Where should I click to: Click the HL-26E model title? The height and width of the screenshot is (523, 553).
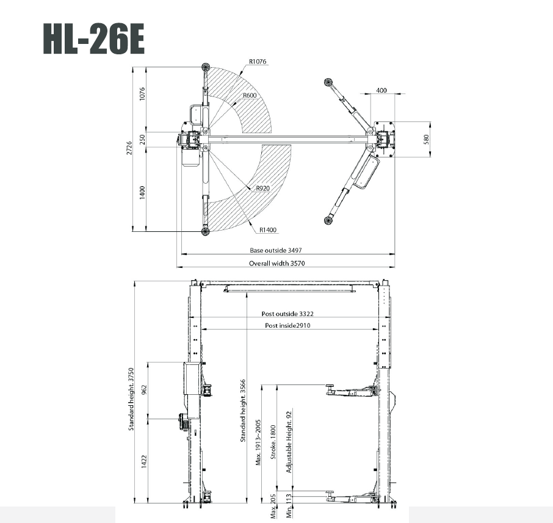point(93,38)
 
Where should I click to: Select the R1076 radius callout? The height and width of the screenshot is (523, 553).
point(258,62)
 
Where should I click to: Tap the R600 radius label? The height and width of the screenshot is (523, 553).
point(249,96)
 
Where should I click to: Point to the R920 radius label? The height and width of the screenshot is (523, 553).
point(262,189)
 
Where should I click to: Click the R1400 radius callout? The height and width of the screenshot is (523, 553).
point(267,230)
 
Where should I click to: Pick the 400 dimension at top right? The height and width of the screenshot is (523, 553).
point(381,90)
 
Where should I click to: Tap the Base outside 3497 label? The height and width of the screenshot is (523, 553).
point(276,250)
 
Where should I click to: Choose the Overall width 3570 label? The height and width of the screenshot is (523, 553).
point(276,264)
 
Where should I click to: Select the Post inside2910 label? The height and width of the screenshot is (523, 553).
point(287,326)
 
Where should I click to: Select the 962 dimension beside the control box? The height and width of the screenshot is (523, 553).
point(143,389)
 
